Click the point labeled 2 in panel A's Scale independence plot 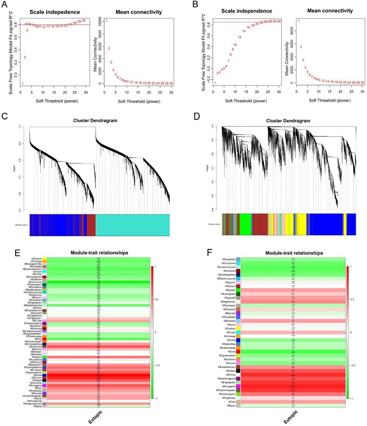(25, 58)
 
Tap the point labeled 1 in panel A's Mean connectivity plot (106, 21)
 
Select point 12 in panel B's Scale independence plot (239, 37)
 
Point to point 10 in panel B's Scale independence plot (235, 45)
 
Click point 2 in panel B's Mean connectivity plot (301, 47)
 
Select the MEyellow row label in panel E (36, 259)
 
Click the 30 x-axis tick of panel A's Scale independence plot (85, 92)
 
